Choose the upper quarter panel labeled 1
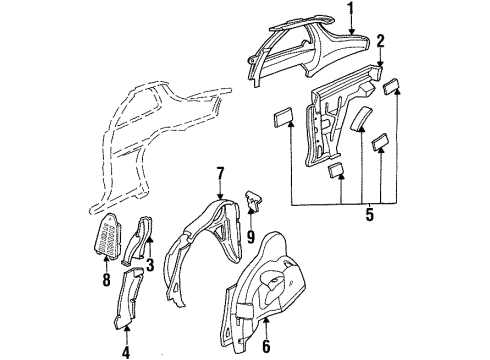click(300, 50)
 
